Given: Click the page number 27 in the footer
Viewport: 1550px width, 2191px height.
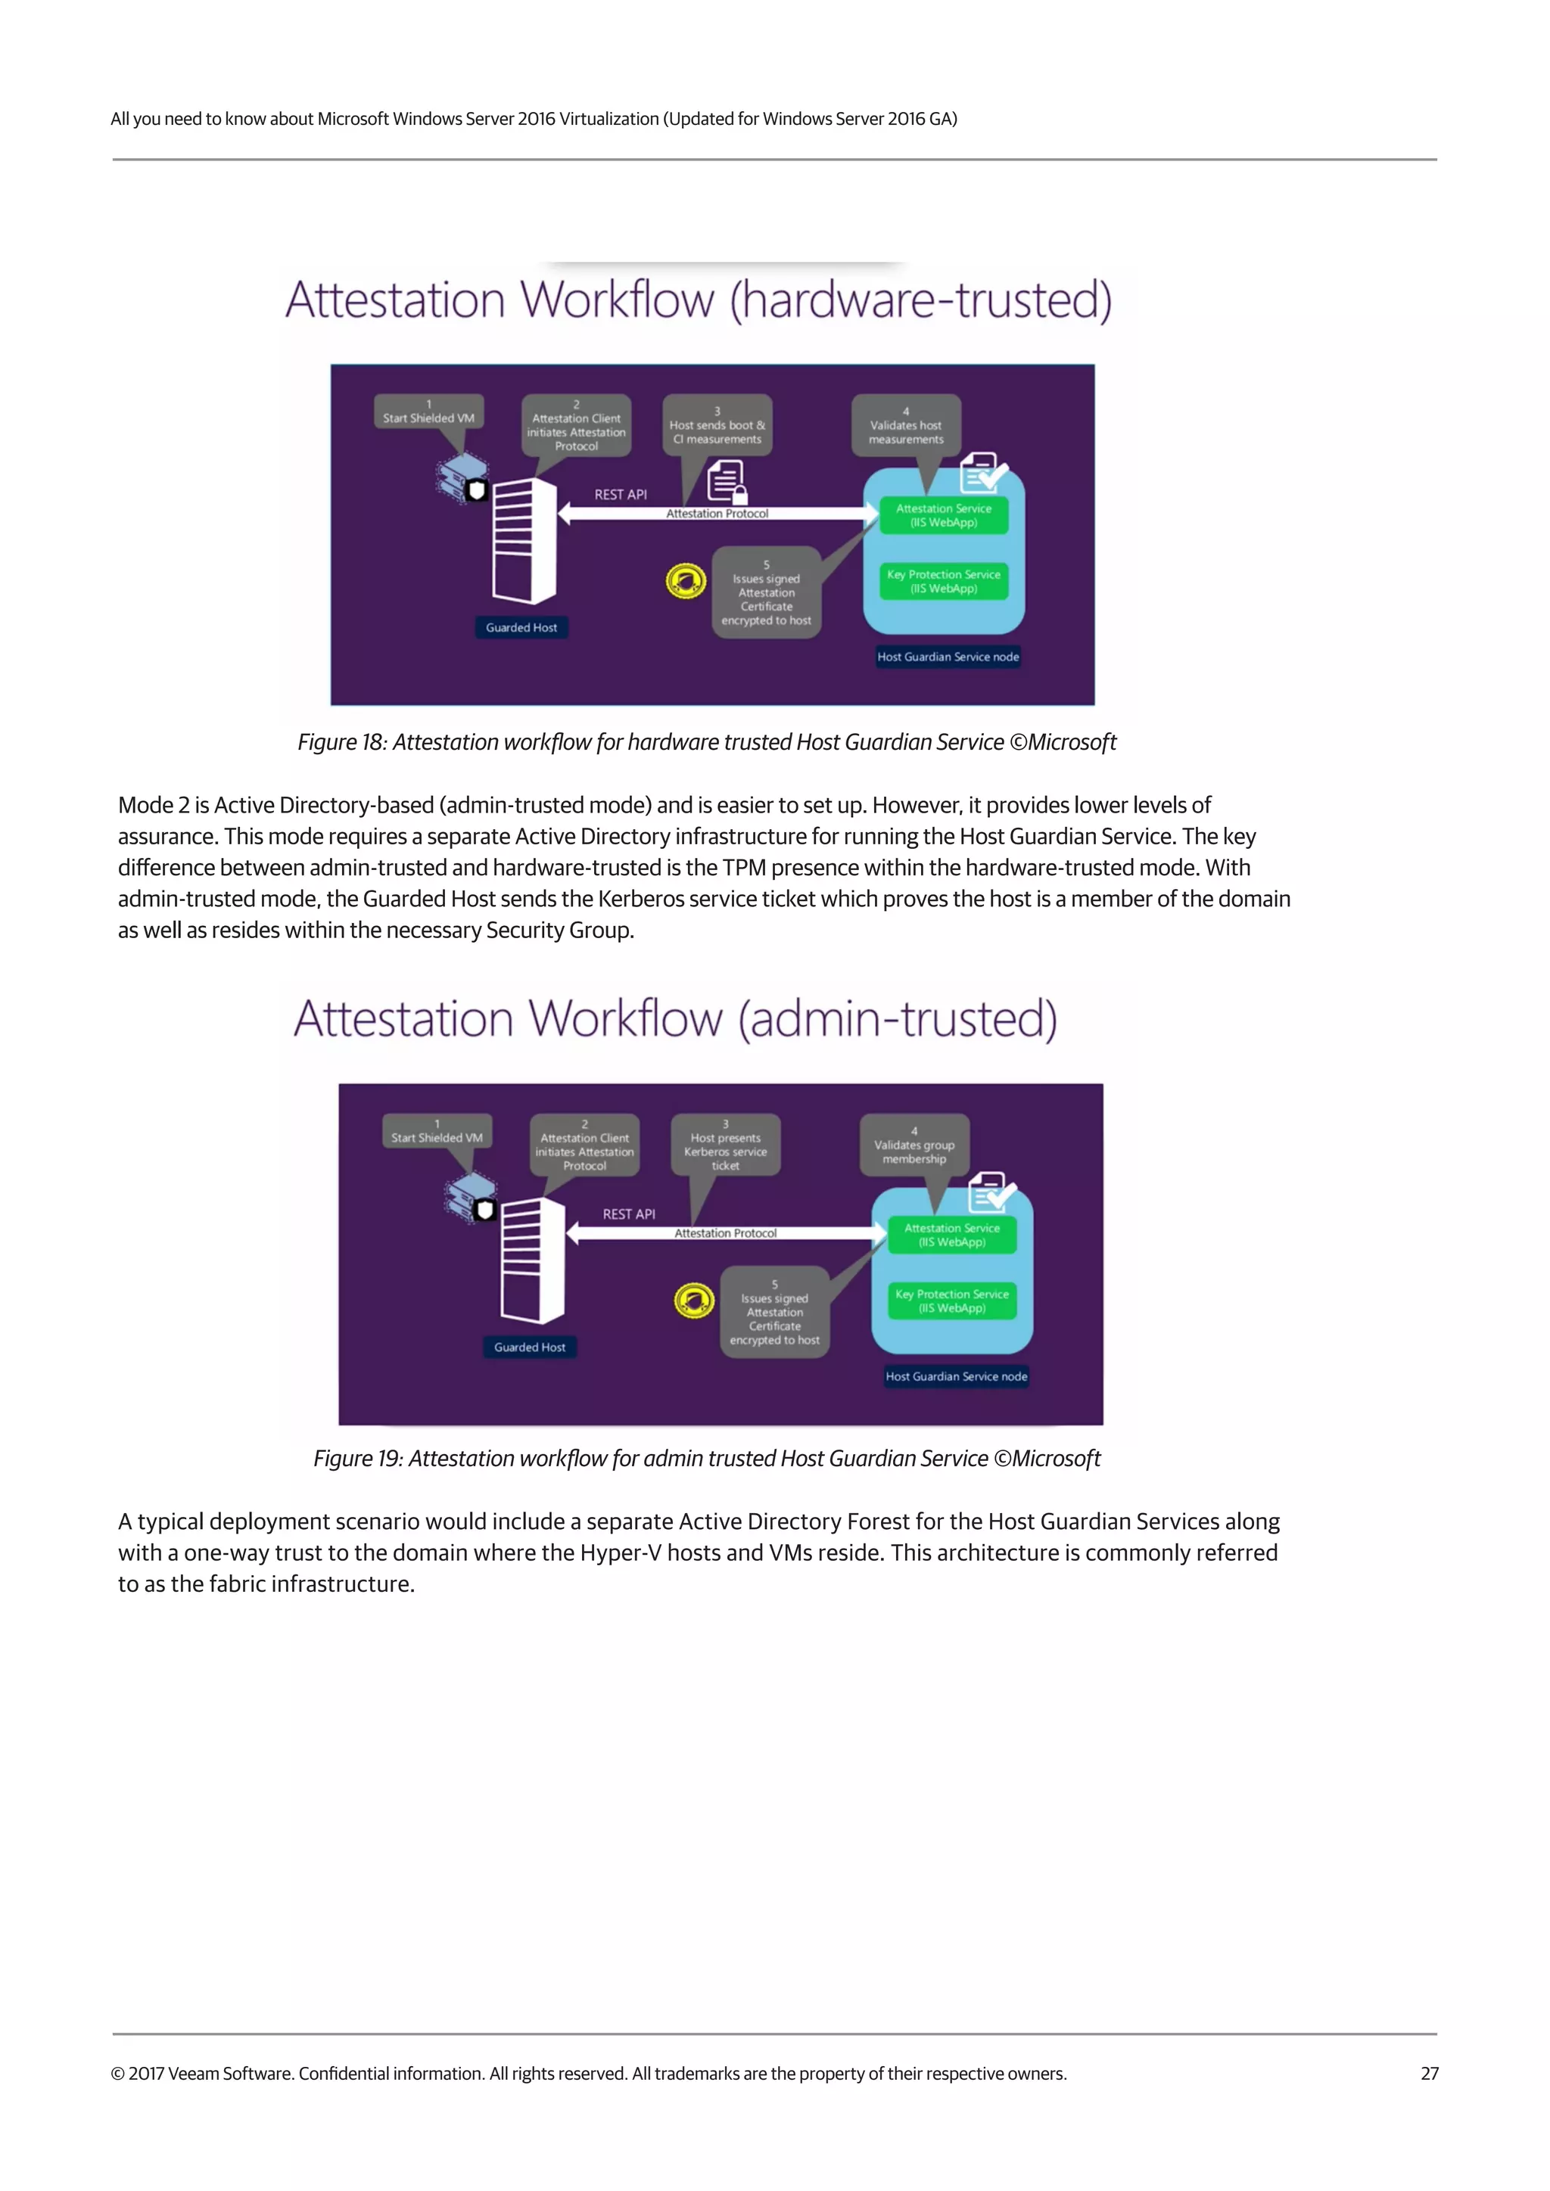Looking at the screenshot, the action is [1429, 2073].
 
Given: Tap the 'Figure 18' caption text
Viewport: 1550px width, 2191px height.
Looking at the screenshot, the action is [706, 741].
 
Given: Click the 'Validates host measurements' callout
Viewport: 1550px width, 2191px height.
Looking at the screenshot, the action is [906, 426].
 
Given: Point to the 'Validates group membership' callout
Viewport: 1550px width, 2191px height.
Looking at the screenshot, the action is [914, 1145].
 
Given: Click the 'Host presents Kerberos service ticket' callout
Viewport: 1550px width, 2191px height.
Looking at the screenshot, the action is [725, 1145].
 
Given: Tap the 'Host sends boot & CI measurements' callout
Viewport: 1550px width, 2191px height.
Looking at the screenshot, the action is [717, 426].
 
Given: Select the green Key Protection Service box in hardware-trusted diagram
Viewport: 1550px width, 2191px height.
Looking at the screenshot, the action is [943, 581].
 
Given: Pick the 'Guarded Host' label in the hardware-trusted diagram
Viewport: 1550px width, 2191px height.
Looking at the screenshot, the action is [521, 627].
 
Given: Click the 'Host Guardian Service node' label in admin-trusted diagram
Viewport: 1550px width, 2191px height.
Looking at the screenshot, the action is [957, 1376].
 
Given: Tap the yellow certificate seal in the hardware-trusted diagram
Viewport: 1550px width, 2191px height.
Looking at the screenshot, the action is [685, 580].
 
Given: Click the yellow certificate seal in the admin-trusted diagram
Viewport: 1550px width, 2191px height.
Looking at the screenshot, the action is [694, 1300].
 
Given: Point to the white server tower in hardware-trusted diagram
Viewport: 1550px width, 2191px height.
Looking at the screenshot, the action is [524, 540].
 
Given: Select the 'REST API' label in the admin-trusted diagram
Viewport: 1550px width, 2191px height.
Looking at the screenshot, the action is [629, 1214].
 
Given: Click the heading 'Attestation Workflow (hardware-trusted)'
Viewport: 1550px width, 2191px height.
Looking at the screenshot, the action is [699, 300].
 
